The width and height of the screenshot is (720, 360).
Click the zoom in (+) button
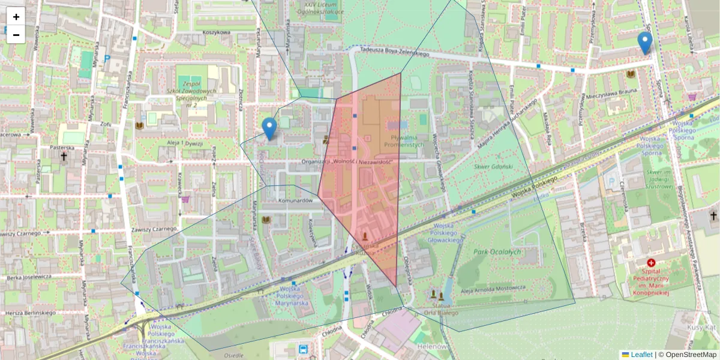click(x=16, y=17)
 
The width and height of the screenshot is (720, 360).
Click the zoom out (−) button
click(x=16, y=35)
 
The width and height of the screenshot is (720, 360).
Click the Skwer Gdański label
click(x=493, y=166)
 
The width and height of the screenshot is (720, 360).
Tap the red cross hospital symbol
click(x=651, y=263)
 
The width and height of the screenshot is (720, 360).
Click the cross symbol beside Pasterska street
click(x=63, y=157)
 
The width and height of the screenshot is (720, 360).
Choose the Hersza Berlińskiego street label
click(x=30, y=313)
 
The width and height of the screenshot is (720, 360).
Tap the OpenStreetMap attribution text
click(x=689, y=355)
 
